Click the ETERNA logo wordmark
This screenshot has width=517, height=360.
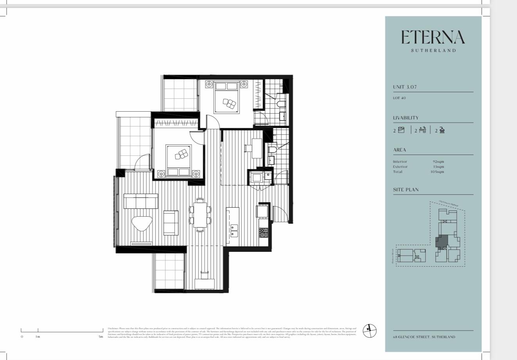(x=433, y=37)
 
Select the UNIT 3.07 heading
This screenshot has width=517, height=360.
(x=405, y=87)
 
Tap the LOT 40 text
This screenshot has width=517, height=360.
(x=399, y=98)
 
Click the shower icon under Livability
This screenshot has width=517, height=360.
(x=442, y=130)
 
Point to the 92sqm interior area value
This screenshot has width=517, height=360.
(x=438, y=162)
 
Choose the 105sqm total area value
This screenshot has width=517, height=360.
(x=438, y=172)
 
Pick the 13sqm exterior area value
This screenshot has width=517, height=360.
(x=438, y=167)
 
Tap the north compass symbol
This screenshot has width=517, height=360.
(x=369, y=330)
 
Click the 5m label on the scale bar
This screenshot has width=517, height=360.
(x=101, y=337)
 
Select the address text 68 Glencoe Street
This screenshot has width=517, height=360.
(x=424, y=337)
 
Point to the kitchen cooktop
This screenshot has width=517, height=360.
(x=263, y=233)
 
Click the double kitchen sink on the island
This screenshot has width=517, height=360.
(x=233, y=230)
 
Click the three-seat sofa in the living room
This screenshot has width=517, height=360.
(x=141, y=201)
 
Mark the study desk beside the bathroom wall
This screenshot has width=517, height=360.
(x=257, y=148)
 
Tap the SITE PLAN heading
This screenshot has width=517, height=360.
(x=406, y=190)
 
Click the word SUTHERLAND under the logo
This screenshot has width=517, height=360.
(x=433, y=50)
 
